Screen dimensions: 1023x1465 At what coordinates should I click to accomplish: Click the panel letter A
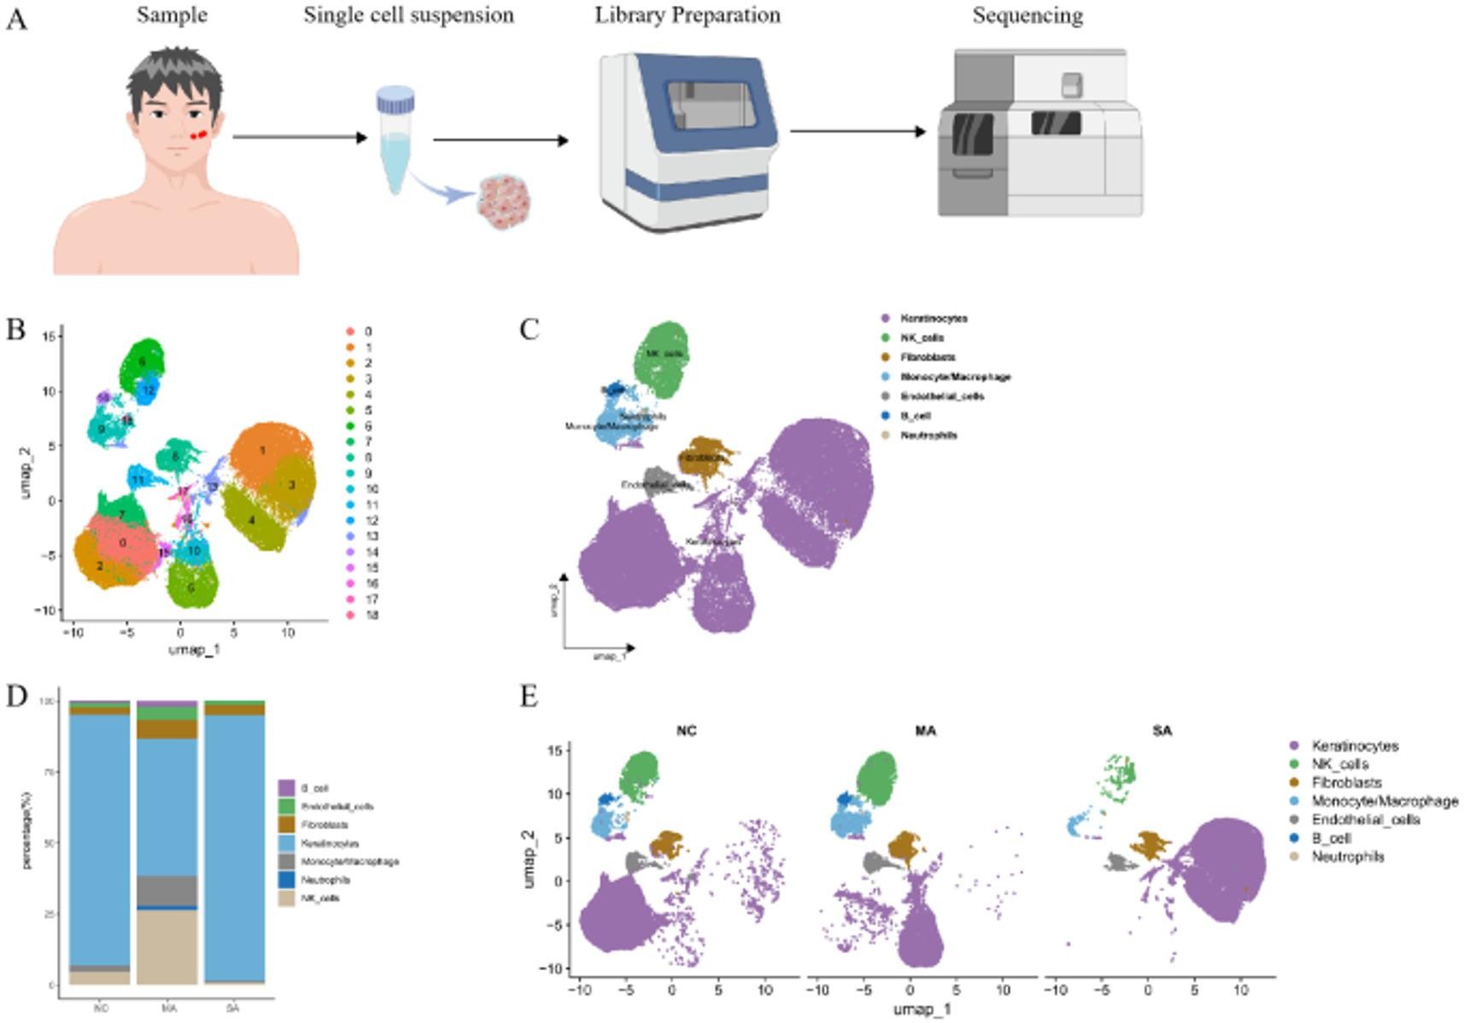(15, 19)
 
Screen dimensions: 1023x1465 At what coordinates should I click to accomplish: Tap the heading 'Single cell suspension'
(408, 15)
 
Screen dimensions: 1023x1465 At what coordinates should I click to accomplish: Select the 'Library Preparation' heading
(688, 15)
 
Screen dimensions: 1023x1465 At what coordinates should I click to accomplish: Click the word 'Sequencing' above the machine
(1028, 15)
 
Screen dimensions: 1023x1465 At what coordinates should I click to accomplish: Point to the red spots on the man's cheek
(197, 135)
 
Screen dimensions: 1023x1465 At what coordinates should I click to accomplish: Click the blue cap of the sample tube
(396, 100)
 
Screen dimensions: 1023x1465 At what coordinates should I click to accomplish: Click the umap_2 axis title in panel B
(26, 473)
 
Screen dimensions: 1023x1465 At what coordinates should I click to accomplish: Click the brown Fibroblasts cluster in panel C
(704, 455)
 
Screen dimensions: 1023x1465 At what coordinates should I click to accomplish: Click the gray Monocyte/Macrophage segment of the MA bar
(167, 890)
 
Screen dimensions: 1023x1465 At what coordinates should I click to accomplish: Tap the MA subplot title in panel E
(925, 731)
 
